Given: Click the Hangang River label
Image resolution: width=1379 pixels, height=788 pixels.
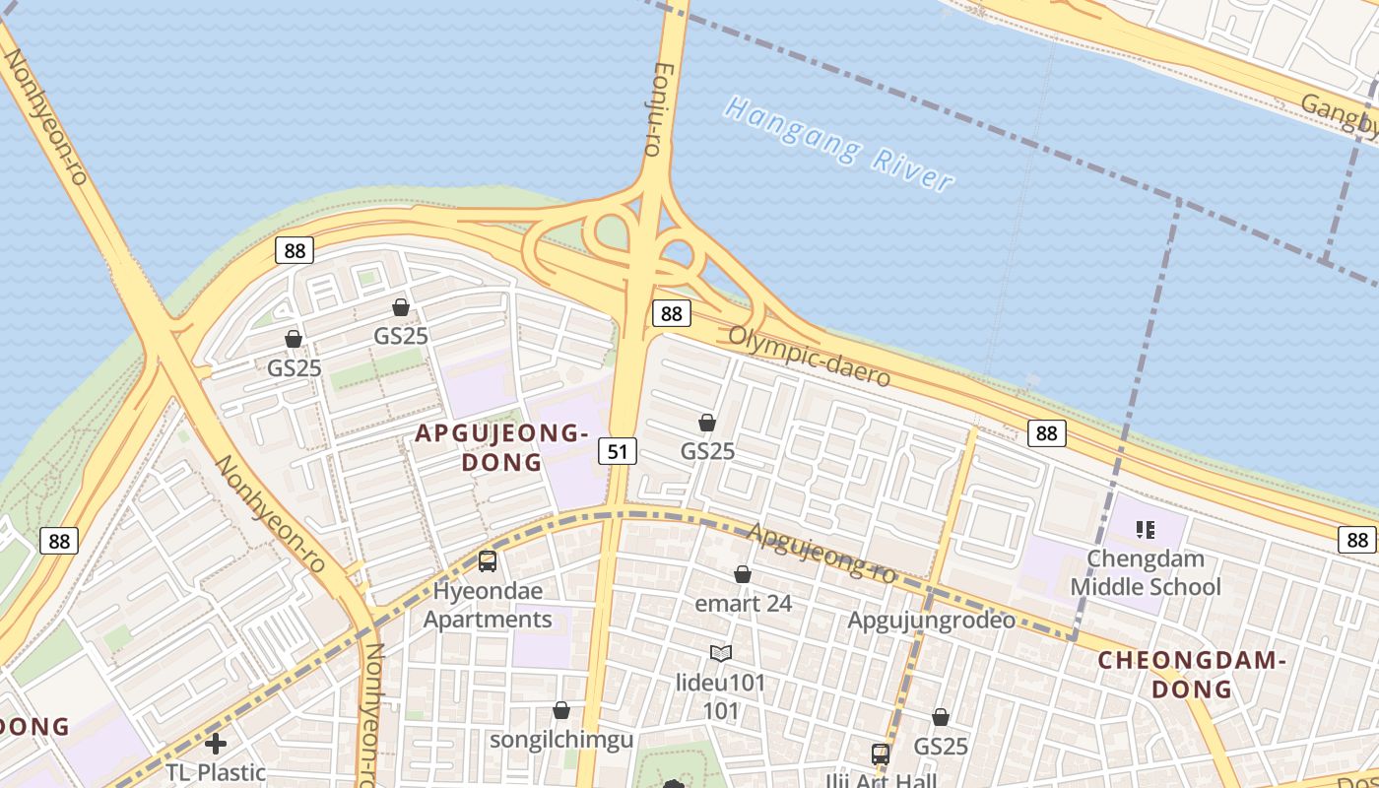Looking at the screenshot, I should [x=838, y=144].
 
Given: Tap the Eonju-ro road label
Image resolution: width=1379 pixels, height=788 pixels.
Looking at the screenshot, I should [x=656, y=108].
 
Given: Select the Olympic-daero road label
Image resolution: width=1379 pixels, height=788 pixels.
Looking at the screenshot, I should [x=809, y=356].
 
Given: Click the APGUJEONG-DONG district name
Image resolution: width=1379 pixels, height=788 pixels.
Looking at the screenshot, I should [x=500, y=447].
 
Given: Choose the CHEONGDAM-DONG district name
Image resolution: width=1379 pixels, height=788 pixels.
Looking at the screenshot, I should [x=1192, y=674].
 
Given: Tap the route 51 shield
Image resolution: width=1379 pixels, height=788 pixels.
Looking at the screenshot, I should [x=618, y=451].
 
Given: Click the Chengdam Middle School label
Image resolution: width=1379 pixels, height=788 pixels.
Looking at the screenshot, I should [x=1145, y=573].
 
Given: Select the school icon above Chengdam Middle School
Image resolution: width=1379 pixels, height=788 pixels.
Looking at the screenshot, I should [x=1145, y=530].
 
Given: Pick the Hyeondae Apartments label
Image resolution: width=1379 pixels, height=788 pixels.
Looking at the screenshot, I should [x=488, y=605].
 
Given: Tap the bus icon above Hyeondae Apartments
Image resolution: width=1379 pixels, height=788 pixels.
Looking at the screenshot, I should [x=487, y=561].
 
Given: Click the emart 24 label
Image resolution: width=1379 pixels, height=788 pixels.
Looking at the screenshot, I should [x=743, y=603].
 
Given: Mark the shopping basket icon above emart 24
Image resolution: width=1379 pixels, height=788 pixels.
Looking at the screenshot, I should [x=743, y=574].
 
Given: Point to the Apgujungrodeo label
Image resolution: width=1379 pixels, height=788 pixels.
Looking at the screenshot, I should [x=931, y=621].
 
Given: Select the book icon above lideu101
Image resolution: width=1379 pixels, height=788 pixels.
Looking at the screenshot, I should [x=721, y=653].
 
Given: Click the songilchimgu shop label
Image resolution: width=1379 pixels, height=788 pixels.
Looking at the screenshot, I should [x=561, y=740].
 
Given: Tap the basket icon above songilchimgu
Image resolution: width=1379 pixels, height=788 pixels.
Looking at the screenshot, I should [x=561, y=710].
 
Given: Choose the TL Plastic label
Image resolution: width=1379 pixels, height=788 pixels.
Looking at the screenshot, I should [x=216, y=772].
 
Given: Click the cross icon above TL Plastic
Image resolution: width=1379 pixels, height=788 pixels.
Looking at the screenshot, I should [x=216, y=743].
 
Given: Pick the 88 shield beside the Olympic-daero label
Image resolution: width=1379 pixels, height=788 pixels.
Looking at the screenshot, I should [x=671, y=313].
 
